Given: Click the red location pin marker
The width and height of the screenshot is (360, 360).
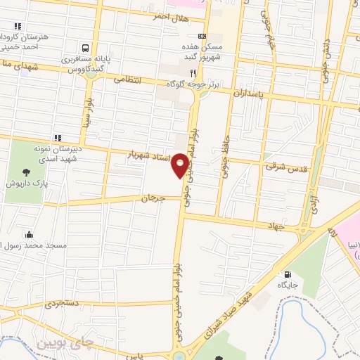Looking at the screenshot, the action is pyautogui.click(x=181, y=165).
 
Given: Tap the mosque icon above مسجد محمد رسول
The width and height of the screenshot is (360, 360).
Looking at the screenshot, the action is pyautogui.click(x=28, y=234).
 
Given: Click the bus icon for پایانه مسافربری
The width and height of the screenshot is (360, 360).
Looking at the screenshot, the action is pyautogui.click(x=85, y=48).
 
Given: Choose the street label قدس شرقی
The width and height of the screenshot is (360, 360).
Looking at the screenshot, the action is pyautogui.click(x=281, y=168).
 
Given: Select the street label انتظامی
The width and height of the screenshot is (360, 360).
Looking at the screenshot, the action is pyautogui.click(x=127, y=81).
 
